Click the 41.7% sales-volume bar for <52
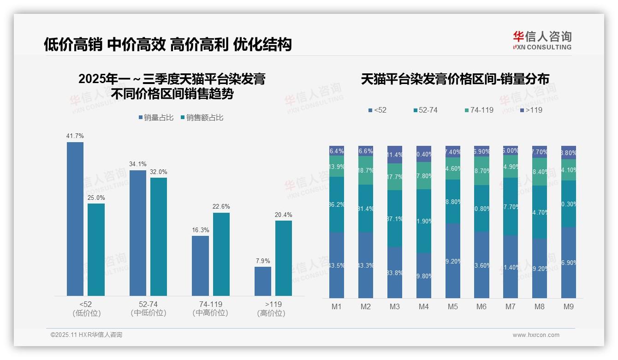[75, 219]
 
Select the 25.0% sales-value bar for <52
[96, 249]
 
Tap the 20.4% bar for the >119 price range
[284, 258]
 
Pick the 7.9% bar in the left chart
[263, 281]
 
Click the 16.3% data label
[201, 230]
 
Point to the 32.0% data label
[159, 172]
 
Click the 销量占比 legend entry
[156, 118]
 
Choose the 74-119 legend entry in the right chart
[479, 110]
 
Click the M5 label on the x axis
[452, 306]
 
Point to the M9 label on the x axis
[568, 306]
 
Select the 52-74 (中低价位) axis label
[148, 309]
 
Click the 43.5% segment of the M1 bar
[336, 265]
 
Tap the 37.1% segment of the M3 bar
[394, 218]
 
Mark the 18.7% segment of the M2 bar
[366, 170]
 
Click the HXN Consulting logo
[542, 40]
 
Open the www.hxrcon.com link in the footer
[536, 335]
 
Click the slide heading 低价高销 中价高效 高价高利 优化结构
[168, 45]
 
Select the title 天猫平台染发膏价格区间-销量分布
[455, 79]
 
